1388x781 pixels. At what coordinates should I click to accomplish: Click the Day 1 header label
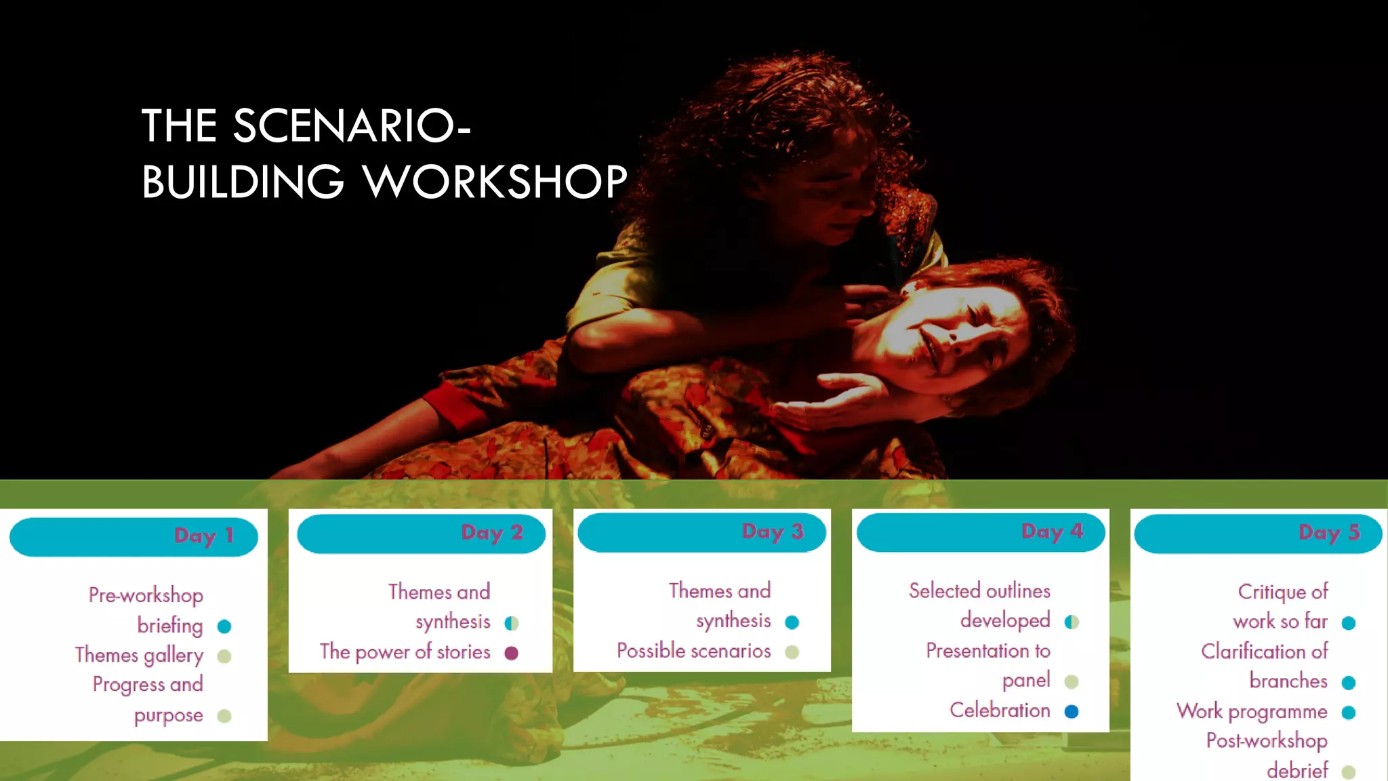click(x=203, y=536)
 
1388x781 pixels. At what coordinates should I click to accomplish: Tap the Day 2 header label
click(x=492, y=532)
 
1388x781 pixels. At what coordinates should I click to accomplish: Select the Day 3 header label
click(x=773, y=531)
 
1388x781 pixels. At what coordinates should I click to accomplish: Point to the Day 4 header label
click(x=1052, y=531)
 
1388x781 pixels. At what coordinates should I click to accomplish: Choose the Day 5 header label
click(x=1329, y=532)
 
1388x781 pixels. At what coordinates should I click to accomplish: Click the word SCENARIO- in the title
click(x=351, y=126)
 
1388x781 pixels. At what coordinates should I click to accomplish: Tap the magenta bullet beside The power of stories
click(x=512, y=653)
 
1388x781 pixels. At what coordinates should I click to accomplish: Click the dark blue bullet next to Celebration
click(x=1071, y=711)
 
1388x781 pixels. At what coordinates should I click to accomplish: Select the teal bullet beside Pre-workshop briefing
click(x=224, y=626)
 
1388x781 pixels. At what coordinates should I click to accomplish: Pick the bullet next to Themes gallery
click(x=224, y=656)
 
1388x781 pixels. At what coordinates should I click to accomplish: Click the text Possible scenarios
click(x=693, y=651)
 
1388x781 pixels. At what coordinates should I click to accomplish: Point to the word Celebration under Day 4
click(x=1000, y=710)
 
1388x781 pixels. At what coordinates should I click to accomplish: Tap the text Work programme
click(x=1252, y=711)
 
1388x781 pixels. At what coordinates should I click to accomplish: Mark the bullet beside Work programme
click(x=1349, y=713)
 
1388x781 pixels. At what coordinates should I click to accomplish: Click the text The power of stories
click(x=405, y=652)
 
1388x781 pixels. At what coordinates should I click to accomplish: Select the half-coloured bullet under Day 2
click(x=512, y=623)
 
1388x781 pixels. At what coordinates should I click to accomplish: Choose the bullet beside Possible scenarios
click(x=792, y=652)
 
